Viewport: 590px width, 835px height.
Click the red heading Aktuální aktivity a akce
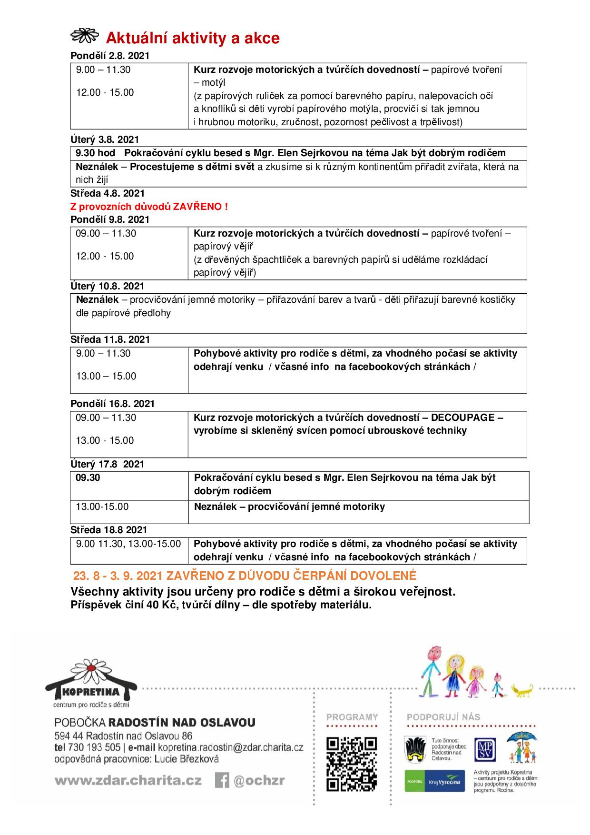[x=192, y=38]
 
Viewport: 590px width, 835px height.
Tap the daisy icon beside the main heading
[x=84, y=36]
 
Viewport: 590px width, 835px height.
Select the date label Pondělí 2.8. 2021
[x=110, y=56]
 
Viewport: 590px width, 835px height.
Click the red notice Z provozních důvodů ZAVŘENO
[x=149, y=207]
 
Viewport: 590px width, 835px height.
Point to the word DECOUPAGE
[x=462, y=417]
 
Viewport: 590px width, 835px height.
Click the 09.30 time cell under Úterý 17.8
[x=88, y=477]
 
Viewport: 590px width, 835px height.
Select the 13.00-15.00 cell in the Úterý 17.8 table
[x=102, y=507]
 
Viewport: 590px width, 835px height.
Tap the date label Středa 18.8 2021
[x=108, y=530]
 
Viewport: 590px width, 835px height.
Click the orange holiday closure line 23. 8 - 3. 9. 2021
[x=244, y=576]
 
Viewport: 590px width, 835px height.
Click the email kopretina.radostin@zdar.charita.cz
[x=230, y=747]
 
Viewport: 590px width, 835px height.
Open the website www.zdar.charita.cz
[x=128, y=781]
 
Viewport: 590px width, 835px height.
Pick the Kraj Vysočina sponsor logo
[x=434, y=781]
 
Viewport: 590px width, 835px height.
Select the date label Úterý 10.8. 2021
[x=107, y=286]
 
